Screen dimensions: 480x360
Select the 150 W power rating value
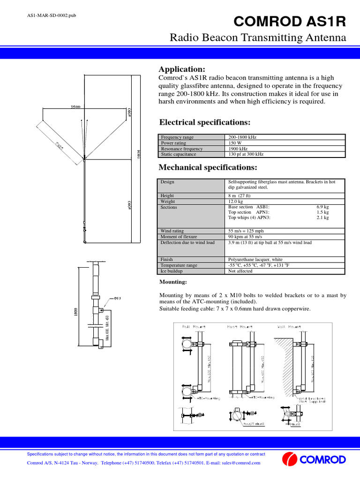(234, 143)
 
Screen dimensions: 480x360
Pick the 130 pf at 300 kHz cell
(246, 154)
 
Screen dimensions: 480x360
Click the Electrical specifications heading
(205, 123)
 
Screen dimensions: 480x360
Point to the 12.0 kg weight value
(235, 202)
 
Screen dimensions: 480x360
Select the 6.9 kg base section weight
(323, 207)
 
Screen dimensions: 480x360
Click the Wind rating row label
(172, 231)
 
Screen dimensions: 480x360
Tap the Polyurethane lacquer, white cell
(255, 259)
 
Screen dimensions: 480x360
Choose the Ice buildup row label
(171, 270)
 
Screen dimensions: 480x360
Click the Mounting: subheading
(173, 282)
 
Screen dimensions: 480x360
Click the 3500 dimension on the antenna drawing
(76, 107)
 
